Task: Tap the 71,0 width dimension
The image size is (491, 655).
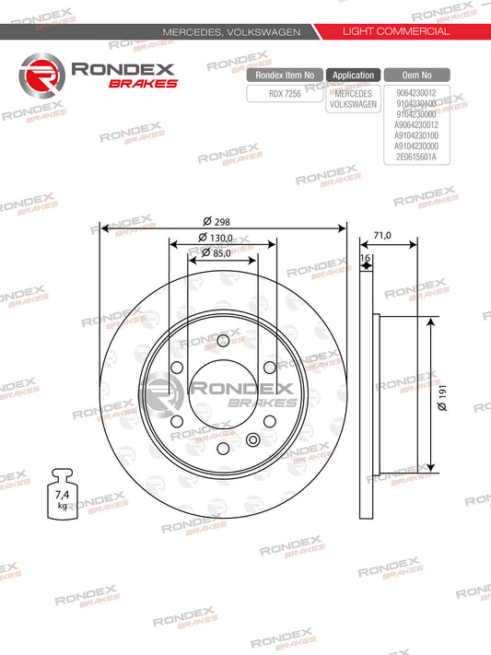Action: [382, 236]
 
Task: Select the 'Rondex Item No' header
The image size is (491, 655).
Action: [285, 76]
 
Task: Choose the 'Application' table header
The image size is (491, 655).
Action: [353, 76]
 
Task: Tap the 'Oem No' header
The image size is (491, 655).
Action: [417, 76]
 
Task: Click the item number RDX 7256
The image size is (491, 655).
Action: [285, 92]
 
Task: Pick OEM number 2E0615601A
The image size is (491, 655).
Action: [417, 158]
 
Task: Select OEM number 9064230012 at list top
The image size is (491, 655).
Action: [417, 92]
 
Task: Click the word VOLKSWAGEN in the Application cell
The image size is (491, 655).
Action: [353, 104]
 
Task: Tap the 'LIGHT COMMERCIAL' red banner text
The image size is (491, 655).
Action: [395, 31]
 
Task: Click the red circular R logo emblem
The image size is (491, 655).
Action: [38, 75]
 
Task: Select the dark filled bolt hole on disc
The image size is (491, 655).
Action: [253, 438]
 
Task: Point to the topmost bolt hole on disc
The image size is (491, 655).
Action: [222, 341]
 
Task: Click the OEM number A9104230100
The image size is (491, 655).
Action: [417, 135]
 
